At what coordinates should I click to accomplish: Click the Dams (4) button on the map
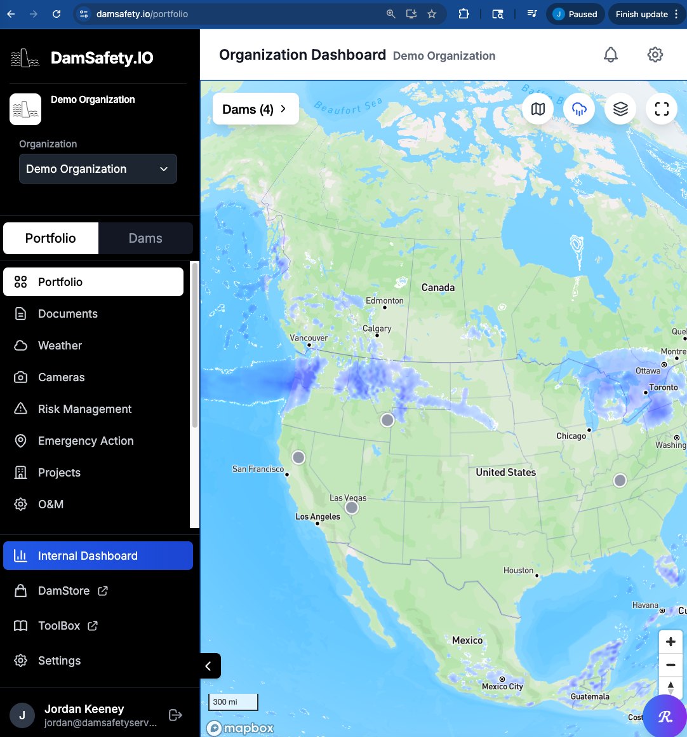(x=255, y=109)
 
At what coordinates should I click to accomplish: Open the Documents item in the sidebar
(x=67, y=314)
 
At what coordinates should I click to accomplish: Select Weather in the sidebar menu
(x=60, y=346)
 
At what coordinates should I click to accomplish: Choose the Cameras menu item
(x=61, y=377)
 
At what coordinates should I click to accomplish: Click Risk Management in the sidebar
(x=84, y=409)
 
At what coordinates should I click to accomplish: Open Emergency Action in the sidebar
(x=86, y=441)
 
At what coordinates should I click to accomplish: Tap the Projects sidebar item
(x=59, y=473)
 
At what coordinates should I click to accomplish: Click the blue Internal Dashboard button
(x=98, y=556)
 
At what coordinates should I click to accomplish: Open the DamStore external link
(x=63, y=591)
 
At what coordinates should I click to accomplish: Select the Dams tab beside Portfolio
(x=145, y=238)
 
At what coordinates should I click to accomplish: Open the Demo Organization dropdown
(x=98, y=169)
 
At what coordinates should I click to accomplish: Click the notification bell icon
(x=611, y=55)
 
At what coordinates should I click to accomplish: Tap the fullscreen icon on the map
(x=662, y=109)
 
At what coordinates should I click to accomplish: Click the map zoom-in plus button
(x=670, y=642)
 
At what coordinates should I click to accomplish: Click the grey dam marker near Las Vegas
(x=352, y=508)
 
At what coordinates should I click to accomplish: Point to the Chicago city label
(x=571, y=436)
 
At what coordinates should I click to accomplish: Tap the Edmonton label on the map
(x=384, y=301)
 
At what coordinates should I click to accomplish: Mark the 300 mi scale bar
(x=233, y=702)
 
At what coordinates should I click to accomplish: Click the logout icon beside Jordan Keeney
(x=176, y=715)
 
